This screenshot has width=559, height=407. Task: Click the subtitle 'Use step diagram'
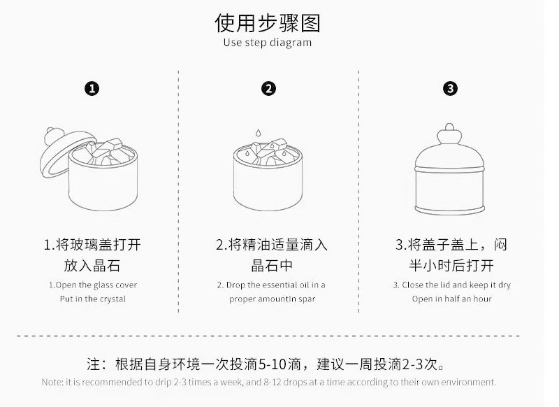click(x=268, y=43)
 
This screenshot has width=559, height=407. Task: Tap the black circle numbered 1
click(x=92, y=89)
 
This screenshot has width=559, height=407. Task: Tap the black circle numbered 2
click(x=269, y=89)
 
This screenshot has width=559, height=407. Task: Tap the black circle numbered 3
click(x=451, y=89)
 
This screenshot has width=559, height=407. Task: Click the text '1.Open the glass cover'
click(x=92, y=285)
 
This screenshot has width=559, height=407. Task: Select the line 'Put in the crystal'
click(x=92, y=299)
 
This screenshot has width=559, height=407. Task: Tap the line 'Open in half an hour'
click(x=451, y=299)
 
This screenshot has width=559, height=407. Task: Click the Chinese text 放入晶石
click(x=92, y=266)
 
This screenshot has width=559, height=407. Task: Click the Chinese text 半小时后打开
click(x=451, y=266)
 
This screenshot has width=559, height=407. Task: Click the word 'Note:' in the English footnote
click(x=52, y=383)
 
